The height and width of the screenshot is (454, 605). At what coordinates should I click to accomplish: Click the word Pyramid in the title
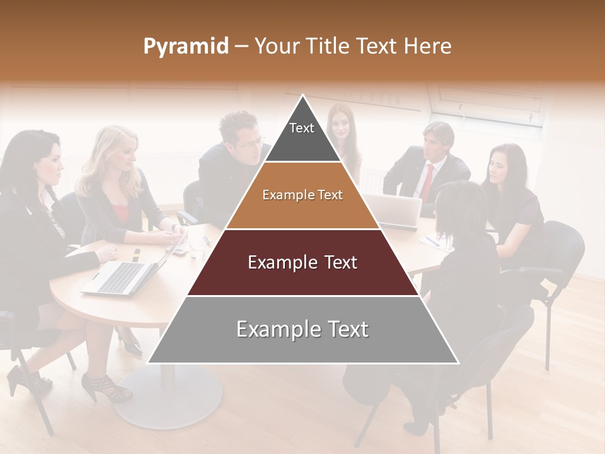coord(185,47)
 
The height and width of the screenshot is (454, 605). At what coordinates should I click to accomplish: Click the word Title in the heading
coord(328,47)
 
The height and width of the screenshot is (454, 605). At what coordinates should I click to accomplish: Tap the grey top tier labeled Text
coord(302,132)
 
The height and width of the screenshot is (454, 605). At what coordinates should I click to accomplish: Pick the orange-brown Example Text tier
coord(302,195)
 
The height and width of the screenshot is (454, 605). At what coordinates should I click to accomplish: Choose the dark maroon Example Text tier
coord(302,262)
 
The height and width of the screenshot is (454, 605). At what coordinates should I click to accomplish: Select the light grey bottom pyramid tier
coord(302,329)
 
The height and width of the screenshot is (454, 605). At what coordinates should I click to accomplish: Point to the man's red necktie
coord(428,182)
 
